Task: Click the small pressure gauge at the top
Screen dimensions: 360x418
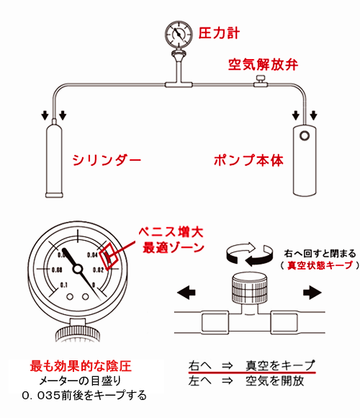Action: tap(179, 34)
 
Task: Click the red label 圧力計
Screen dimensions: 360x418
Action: tap(219, 33)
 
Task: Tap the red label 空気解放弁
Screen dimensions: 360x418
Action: tap(263, 65)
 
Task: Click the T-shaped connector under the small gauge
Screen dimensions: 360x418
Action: tap(179, 85)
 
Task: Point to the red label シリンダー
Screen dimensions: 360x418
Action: tap(107, 160)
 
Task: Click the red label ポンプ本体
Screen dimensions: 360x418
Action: tap(248, 160)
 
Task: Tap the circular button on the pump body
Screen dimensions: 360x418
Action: tap(305, 135)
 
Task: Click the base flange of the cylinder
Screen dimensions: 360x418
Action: tap(54, 195)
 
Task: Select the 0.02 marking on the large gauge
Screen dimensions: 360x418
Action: tap(98, 270)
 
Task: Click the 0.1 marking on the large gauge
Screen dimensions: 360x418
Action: tap(64, 285)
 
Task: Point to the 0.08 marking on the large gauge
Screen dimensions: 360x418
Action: tap(57, 270)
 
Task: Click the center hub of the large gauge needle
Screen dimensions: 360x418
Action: tap(78, 269)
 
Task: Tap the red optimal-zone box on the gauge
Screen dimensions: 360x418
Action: tap(109, 256)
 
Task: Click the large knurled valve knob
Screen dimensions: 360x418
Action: tap(250, 289)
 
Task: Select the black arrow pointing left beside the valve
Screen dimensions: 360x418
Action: tap(186, 293)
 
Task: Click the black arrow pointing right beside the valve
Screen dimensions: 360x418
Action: tap(312, 293)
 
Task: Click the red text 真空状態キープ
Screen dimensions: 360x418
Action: tap(320, 265)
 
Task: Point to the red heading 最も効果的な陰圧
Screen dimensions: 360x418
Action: tap(81, 366)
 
